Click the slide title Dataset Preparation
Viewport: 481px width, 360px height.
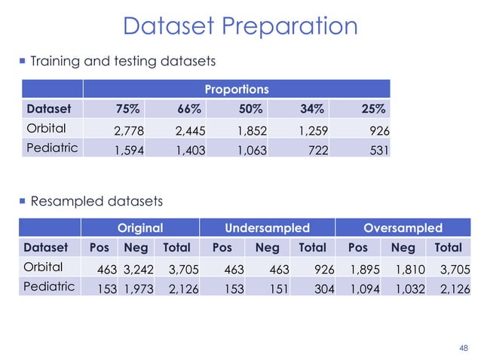point(240,26)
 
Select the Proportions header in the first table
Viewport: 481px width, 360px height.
point(237,89)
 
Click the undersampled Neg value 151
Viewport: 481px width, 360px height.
point(268,288)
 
